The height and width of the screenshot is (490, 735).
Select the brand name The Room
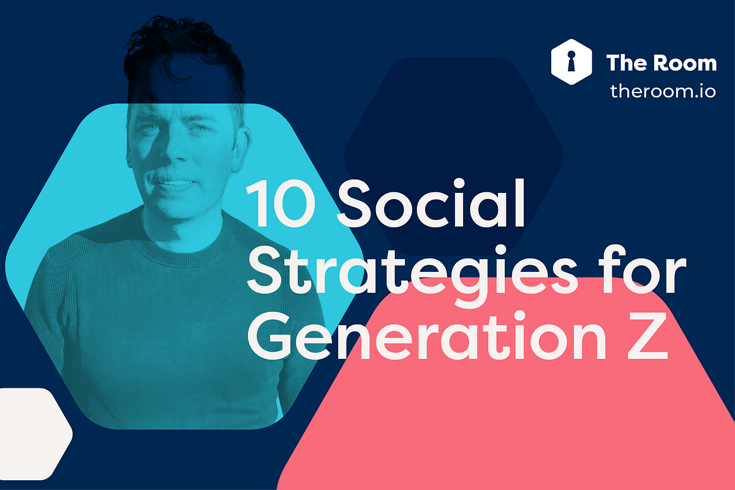(x=661, y=62)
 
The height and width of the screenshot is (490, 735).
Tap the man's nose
(x=174, y=156)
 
